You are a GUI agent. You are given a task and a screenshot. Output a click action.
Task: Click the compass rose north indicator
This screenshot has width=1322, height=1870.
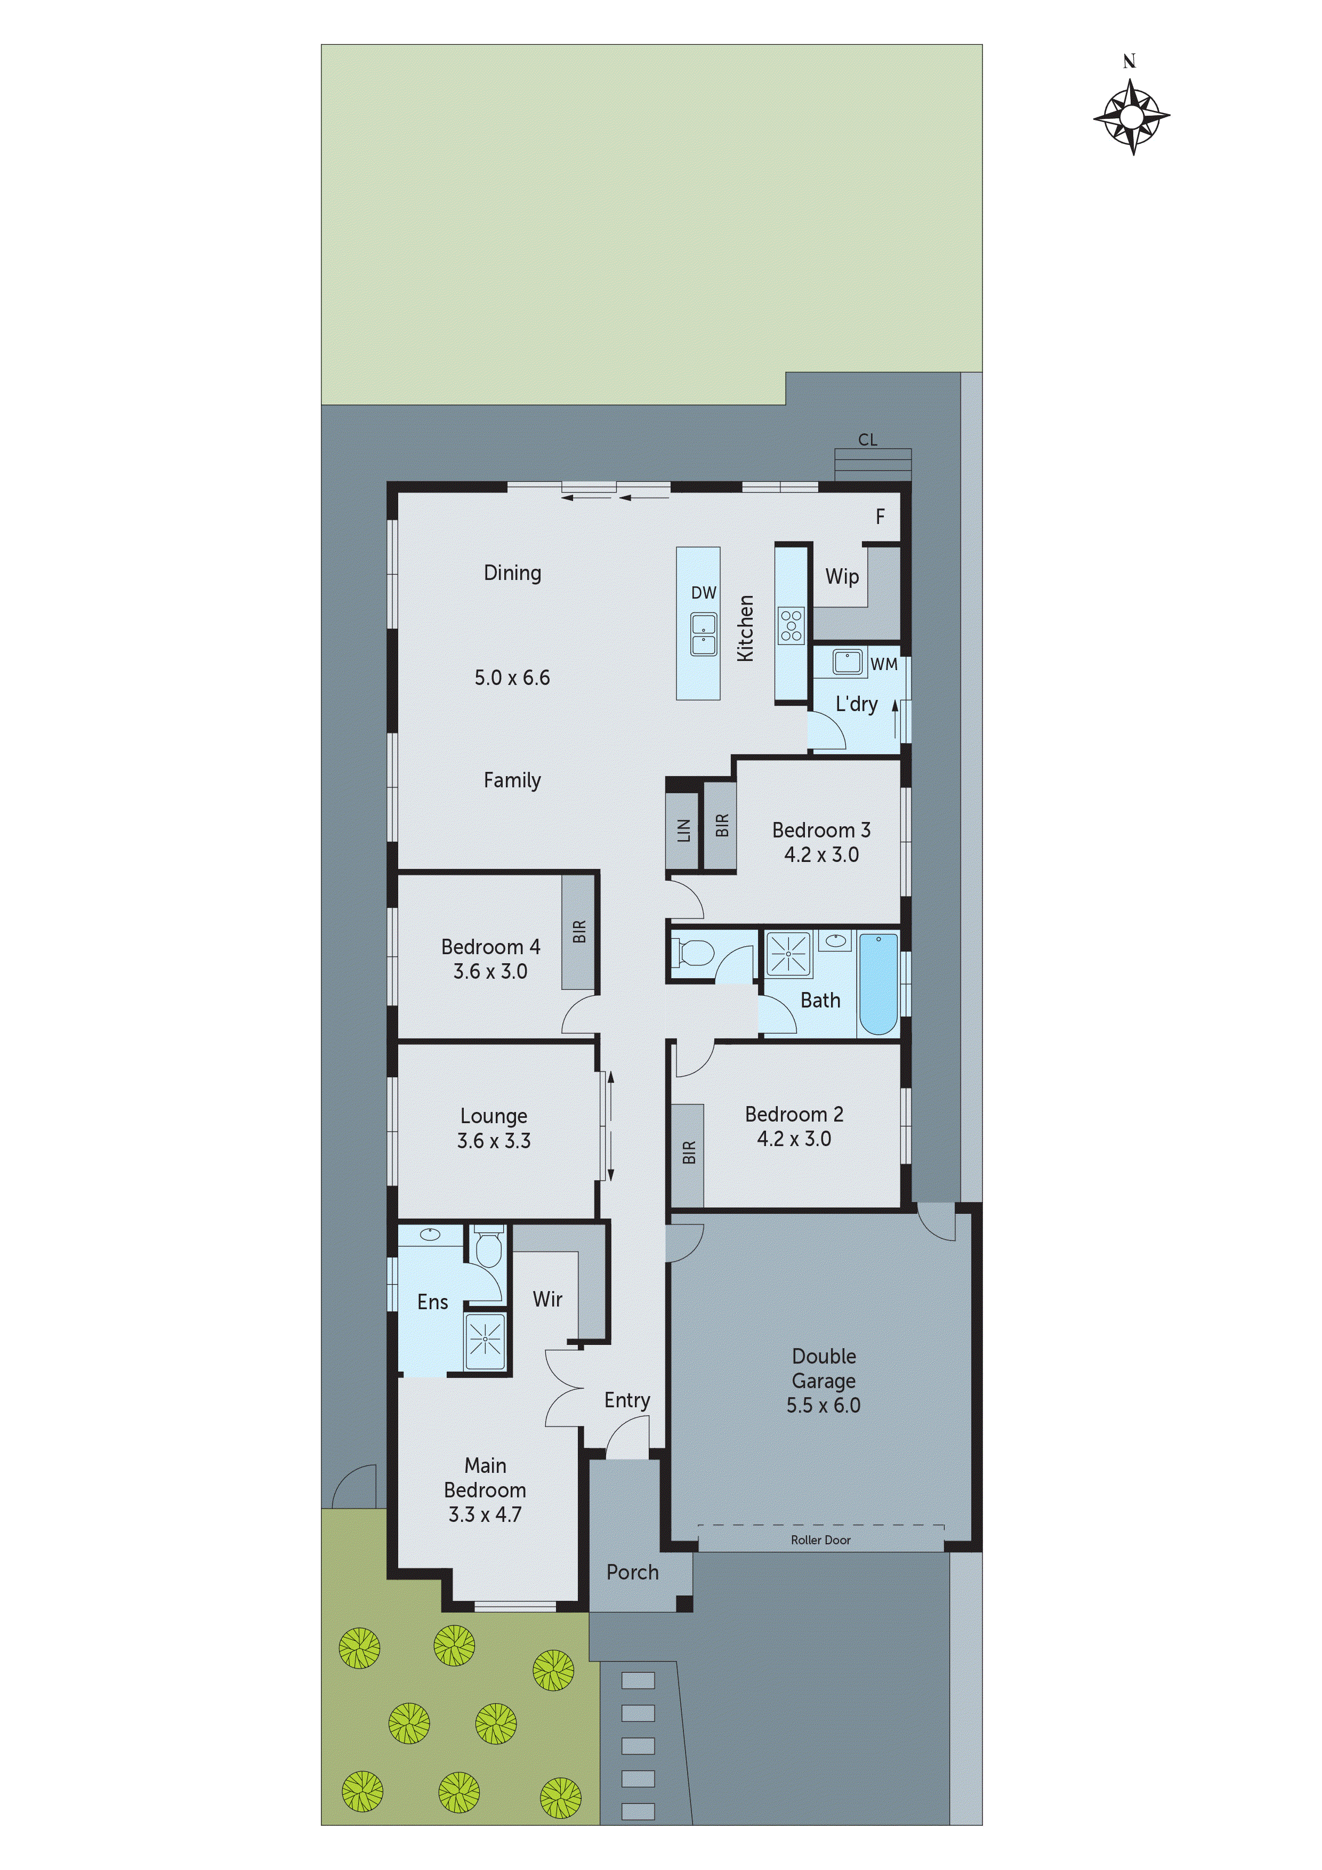coord(1131,116)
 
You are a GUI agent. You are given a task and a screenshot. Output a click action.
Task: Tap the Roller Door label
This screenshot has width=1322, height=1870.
coord(820,1539)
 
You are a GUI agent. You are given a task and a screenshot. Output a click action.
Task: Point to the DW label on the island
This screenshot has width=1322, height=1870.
coord(703,593)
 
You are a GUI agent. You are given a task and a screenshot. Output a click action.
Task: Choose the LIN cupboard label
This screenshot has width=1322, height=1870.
coord(682,830)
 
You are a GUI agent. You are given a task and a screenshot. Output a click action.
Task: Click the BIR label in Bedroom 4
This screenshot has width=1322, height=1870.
coord(578,931)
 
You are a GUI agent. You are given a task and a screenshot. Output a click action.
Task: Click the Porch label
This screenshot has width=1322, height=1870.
coord(632,1572)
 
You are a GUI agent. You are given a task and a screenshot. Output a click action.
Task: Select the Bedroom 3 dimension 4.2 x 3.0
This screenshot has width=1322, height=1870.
coord(821,855)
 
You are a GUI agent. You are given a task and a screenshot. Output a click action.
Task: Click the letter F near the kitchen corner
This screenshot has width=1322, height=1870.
coord(880,517)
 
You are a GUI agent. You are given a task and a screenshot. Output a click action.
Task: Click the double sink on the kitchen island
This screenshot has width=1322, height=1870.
coord(703,634)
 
